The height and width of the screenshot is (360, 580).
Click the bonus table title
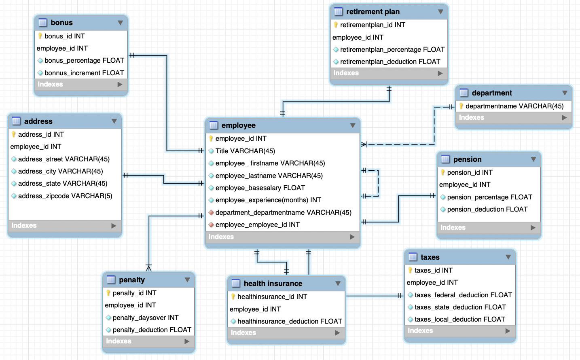click(61, 23)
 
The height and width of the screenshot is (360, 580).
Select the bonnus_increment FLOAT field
click(84, 73)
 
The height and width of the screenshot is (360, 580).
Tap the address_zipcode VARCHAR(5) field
click(65, 196)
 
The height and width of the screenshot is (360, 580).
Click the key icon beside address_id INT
click(14, 134)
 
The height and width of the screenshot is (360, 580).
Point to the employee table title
click(238, 125)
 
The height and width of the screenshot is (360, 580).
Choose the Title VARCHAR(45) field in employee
click(245, 151)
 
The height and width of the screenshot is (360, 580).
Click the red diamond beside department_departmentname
click(211, 212)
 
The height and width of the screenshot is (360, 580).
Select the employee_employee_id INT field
click(257, 224)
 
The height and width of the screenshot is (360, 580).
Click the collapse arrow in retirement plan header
click(440, 12)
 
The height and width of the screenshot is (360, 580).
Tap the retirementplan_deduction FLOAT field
click(390, 61)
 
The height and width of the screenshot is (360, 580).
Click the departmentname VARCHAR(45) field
click(514, 106)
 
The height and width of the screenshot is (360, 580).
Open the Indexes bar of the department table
click(513, 118)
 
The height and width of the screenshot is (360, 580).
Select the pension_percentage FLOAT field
click(489, 197)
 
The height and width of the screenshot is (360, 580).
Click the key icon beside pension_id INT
click(443, 172)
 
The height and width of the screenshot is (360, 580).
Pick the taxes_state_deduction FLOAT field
click(460, 307)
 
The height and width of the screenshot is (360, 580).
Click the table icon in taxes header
click(413, 257)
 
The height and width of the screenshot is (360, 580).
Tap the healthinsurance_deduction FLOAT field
click(289, 321)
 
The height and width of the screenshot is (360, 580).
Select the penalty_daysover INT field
click(145, 318)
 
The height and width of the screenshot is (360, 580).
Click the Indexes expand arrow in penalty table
click(187, 341)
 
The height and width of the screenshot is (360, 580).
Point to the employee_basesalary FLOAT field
click(260, 188)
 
